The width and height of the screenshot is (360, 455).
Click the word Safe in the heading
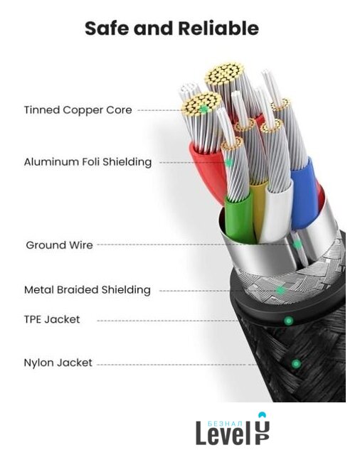pos(107,28)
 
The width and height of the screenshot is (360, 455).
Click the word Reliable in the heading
pos(218,28)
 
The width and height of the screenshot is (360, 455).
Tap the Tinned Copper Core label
pos(78,110)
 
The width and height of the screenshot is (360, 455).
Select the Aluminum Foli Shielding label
pos(88,162)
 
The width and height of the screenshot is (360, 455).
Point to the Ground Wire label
pos(59,245)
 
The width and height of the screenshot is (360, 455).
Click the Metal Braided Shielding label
pos(88,290)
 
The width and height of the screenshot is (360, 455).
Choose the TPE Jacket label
pos(52,319)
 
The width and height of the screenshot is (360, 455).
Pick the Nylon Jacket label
pos(58,363)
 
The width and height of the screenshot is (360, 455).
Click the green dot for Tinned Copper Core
pos(204,109)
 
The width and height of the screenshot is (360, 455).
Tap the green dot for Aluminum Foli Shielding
pos(229,163)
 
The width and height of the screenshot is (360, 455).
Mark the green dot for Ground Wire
pos(297,245)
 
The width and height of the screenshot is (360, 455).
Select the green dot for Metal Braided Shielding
pos(280,290)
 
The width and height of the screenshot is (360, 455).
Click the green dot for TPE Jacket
pos(288,321)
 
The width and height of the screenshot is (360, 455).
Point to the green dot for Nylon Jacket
pos(296,363)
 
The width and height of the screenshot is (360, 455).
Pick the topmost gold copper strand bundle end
pos(225,74)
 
